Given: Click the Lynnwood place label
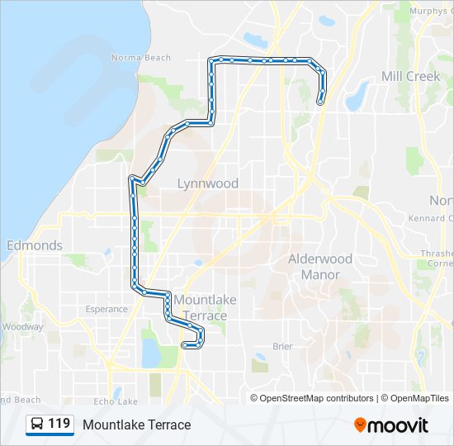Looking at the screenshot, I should point(208,183).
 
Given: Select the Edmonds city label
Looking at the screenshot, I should point(34,245).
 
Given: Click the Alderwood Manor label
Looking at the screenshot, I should point(319,266).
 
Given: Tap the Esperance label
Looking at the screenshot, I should point(106,309).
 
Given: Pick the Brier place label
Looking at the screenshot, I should point(282,347).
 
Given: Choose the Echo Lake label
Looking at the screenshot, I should point(116,401).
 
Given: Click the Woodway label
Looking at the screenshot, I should point(21,326).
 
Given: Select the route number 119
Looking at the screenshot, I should point(59,425).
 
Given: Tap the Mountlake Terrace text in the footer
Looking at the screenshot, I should point(136,425).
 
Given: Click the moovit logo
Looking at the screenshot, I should point(391,425).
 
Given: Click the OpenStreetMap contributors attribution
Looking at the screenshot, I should point(316,398).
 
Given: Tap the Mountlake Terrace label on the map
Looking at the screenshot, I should point(200,307).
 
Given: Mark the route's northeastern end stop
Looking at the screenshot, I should point(319,102).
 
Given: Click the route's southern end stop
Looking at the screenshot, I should point(184,345).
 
